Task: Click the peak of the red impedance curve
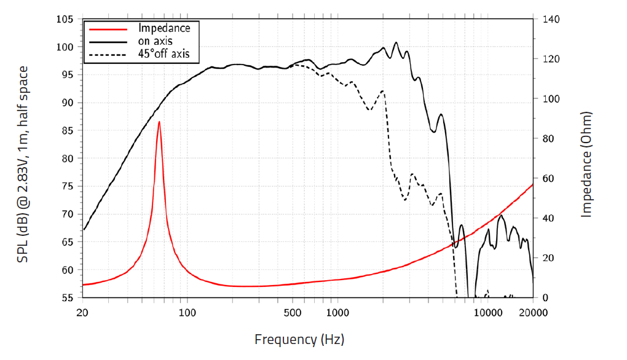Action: point(159,122)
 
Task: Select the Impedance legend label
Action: point(164,28)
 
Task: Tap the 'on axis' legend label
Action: point(155,41)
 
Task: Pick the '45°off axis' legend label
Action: point(168,54)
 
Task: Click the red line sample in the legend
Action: point(108,29)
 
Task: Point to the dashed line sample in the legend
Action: point(108,55)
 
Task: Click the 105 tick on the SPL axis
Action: point(65,19)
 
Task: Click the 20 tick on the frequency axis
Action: point(83,312)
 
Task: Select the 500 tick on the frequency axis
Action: point(293,312)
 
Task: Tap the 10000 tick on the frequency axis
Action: point(488,312)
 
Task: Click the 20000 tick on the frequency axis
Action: point(533,312)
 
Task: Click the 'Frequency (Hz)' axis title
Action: point(299,339)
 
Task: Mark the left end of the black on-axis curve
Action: point(84,230)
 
